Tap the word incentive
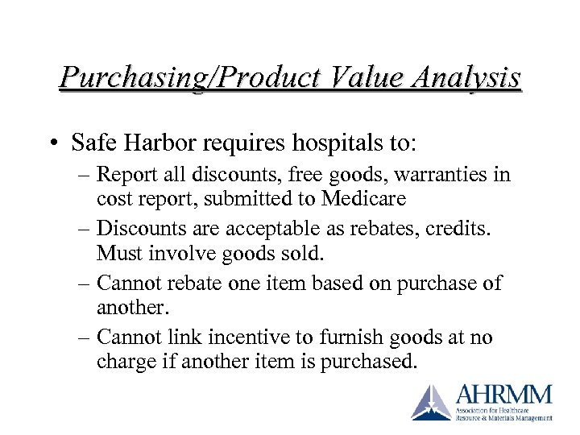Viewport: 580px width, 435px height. tap(263, 338)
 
